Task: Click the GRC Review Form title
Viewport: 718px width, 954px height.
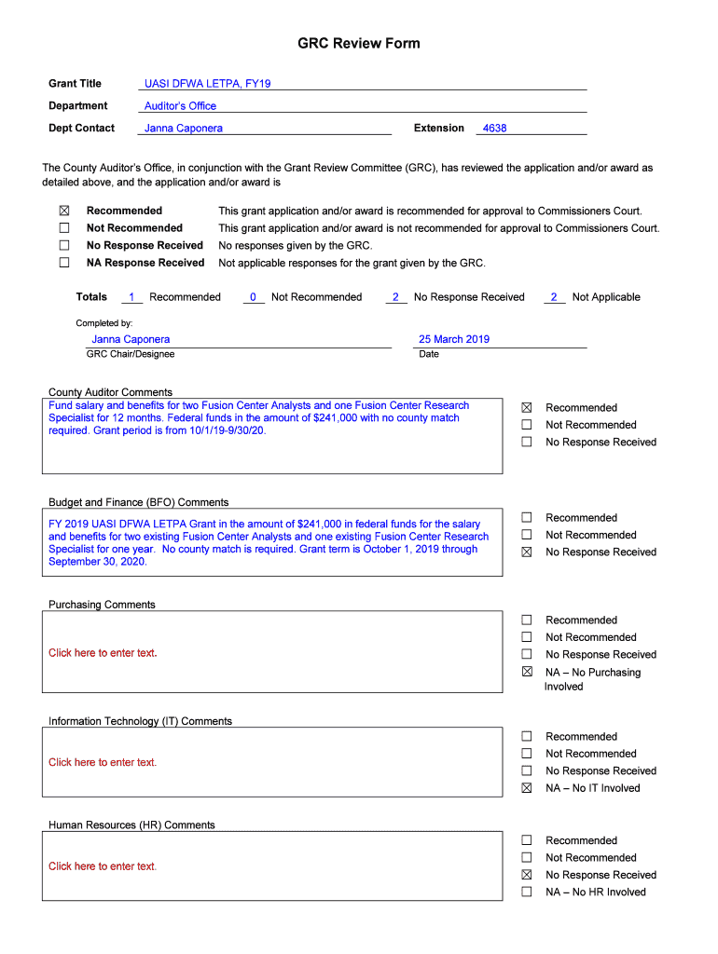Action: [359, 44]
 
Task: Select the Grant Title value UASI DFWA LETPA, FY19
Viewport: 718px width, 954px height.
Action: [208, 84]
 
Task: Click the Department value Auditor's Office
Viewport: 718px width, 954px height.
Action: [180, 106]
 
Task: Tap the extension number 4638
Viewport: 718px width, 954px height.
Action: [494, 129]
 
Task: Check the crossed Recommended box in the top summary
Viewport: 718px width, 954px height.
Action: [64, 211]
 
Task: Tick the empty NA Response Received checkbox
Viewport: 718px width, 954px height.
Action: [64, 263]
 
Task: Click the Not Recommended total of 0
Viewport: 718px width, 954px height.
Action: [253, 297]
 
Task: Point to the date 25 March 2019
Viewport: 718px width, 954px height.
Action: [454, 339]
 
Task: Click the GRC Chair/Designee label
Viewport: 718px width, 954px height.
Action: [131, 354]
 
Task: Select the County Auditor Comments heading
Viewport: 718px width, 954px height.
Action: [110, 392]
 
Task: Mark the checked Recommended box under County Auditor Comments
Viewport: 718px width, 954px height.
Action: [527, 408]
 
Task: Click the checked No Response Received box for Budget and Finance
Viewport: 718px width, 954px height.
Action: [527, 552]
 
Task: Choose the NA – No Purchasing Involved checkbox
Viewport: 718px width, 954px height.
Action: [527, 672]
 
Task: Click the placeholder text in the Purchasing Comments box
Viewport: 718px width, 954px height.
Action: [103, 653]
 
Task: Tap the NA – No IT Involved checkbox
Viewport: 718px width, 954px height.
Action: [527, 788]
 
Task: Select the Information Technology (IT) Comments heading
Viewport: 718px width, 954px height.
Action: [140, 721]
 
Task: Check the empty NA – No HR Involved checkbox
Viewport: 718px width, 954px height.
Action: [527, 892]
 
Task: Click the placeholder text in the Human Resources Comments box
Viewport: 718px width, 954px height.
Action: [103, 866]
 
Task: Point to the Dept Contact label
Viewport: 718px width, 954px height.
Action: [82, 129]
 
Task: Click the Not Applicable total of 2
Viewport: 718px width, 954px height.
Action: [554, 297]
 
